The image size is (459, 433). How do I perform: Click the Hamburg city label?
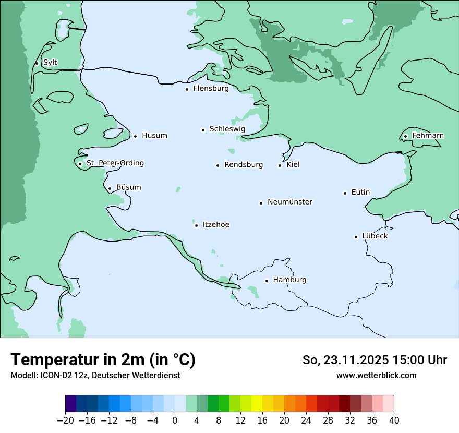289,280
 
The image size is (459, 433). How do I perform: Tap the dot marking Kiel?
280,165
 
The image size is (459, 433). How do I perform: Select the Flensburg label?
211,89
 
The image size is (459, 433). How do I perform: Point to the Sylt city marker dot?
37,63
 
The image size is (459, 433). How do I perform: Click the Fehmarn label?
428,136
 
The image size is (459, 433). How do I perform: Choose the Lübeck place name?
375,236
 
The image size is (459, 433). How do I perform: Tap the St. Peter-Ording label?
115,163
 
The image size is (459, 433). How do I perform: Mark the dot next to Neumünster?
261,203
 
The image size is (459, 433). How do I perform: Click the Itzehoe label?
216,225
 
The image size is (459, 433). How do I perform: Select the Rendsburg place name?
244,165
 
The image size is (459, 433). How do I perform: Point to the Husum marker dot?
135,136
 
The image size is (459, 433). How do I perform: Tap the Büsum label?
128,187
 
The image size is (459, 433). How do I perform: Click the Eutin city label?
360,193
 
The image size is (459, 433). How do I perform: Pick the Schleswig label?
227,129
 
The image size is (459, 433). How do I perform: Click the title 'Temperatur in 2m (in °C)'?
103,360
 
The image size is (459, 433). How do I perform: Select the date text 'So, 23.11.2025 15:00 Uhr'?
375,360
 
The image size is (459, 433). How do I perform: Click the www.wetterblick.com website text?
376,375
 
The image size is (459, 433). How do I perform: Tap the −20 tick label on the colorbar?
65,420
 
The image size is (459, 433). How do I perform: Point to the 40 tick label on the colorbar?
394,420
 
